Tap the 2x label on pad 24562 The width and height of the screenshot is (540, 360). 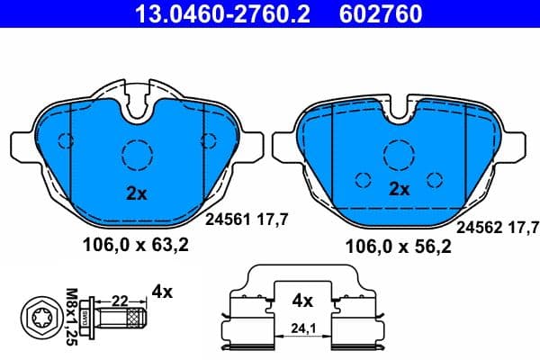pos(399,189)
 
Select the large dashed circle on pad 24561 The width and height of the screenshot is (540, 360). pos(136,155)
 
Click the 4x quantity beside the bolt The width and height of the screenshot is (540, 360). pos(162,292)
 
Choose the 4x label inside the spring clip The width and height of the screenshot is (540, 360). pos(303,300)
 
